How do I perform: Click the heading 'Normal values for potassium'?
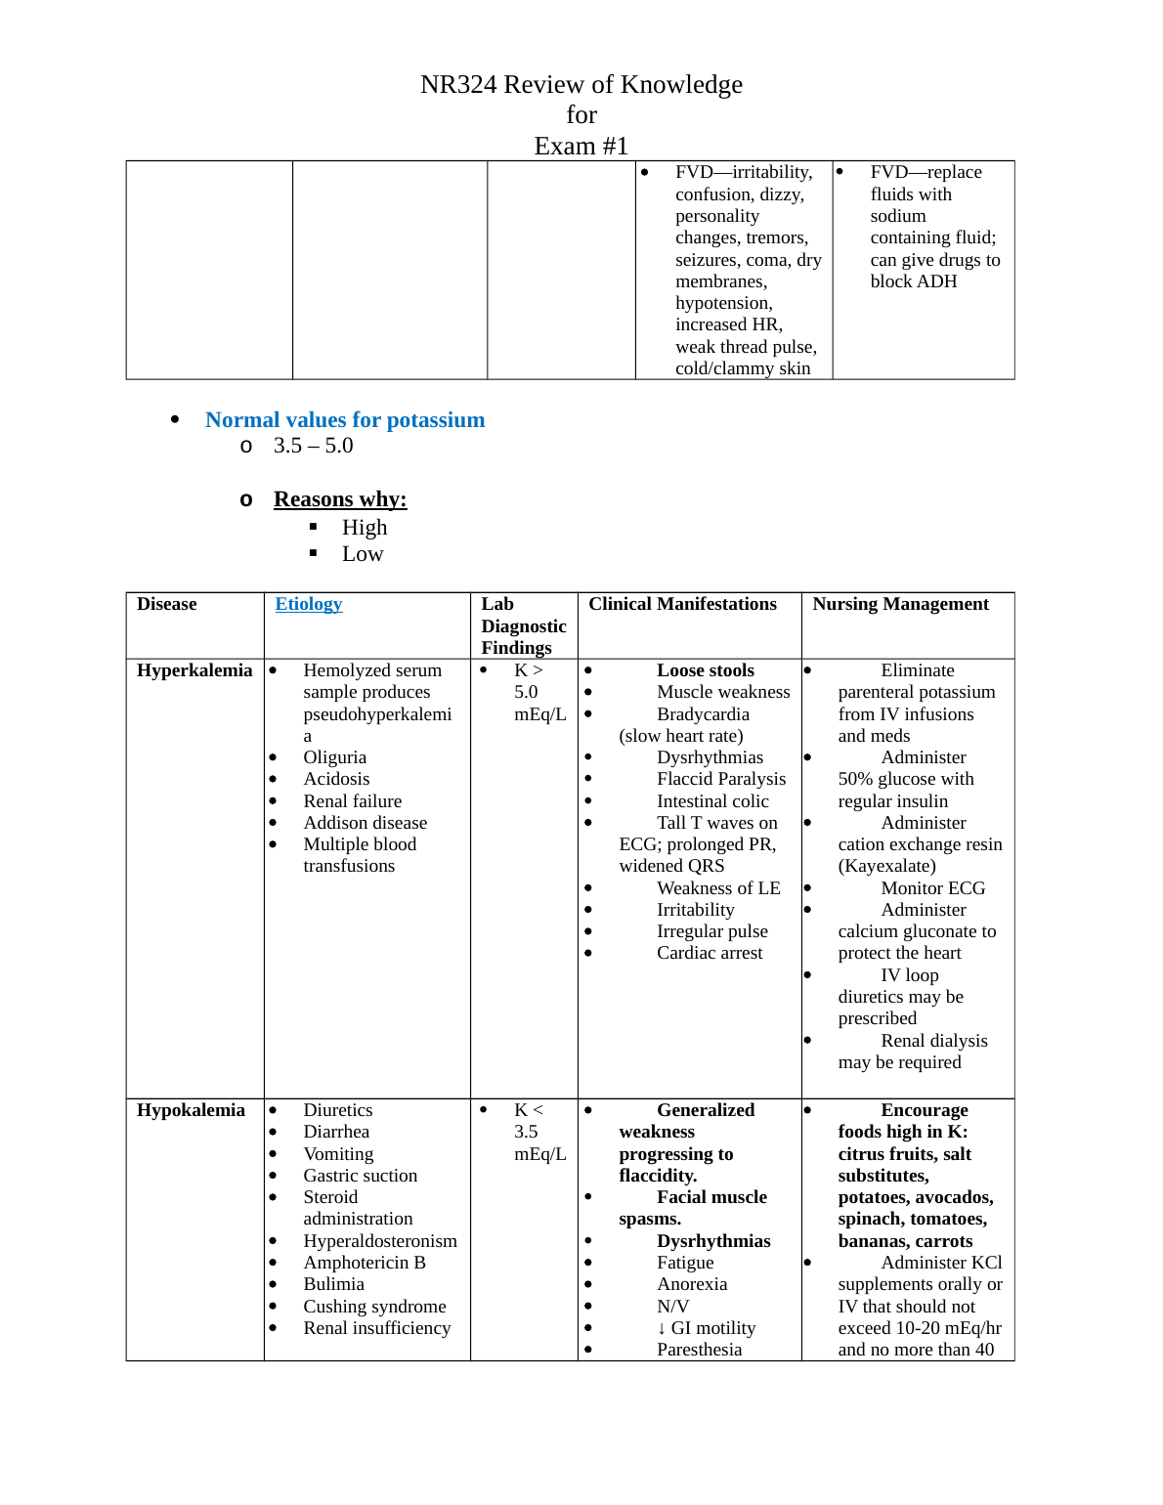pyautogui.click(x=344, y=420)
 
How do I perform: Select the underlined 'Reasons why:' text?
pyautogui.click(x=340, y=499)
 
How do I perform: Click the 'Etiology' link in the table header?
pyautogui.click(x=309, y=604)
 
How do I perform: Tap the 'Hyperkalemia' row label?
pyautogui.click(x=194, y=670)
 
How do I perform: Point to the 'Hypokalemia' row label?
pyautogui.click(x=191, y=1110)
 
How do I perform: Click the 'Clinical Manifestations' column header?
pyautogui.click(x=682, y=604)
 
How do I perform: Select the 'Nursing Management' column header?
pyautogui.click(x=900, y=604)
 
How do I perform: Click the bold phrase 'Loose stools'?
pyautogui.click(x=705, y=670)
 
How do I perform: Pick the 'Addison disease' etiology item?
pyautogui.click(x=365, y=823)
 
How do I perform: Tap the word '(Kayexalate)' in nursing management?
pyautogui.click(x=886, y=866)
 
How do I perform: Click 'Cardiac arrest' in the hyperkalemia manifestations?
pyautogui.click(x=710, y=953)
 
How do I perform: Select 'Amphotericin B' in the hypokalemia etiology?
pyautogui.click(x=365, y=1263)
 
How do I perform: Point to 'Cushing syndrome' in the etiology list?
pyautogui.click(x=374, y=1307)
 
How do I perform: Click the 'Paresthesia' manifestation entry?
pyautogui.click(x=699, y=1350)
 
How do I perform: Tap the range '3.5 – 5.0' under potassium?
pyautogui.click(x=313, y=446)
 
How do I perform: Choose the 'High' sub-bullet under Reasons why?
pyautogui.click(x=365, y=528)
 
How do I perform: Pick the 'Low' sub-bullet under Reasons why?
pyautogui.click(x=363, y=554)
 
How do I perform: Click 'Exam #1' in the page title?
pyautogui.click(x=581, y=147)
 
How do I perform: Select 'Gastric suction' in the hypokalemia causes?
pyautogui.click(x=360, y=1176)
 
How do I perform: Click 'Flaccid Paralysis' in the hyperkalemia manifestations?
pyautogui.click(x=721, y=779)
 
